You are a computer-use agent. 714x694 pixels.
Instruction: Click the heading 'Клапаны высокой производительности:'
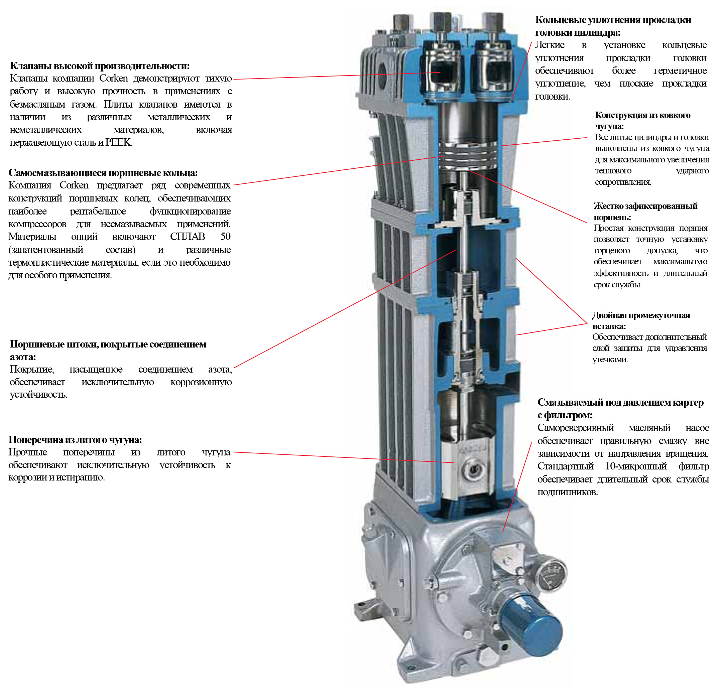[x=100, y=66]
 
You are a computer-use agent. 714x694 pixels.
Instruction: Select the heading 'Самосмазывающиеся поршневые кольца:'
[x=103, y=173]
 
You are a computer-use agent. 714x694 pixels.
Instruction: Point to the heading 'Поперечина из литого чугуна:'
[x=75, y=440]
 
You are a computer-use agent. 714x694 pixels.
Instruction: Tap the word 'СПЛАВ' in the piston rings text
[x=188, y=237]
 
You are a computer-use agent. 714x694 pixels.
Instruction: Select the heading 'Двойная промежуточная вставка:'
[x=641, y=320]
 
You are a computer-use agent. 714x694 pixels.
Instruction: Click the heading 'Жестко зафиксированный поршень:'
[x=645, y=212]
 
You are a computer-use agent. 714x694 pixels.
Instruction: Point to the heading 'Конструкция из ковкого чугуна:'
[x=642, y=121]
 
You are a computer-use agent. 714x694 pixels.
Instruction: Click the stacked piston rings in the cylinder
[x=468, y=155]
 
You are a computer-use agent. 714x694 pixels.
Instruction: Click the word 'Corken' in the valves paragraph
[x=113, y=79]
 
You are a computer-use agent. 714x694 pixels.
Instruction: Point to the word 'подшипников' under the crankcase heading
[x=567, y=492]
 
